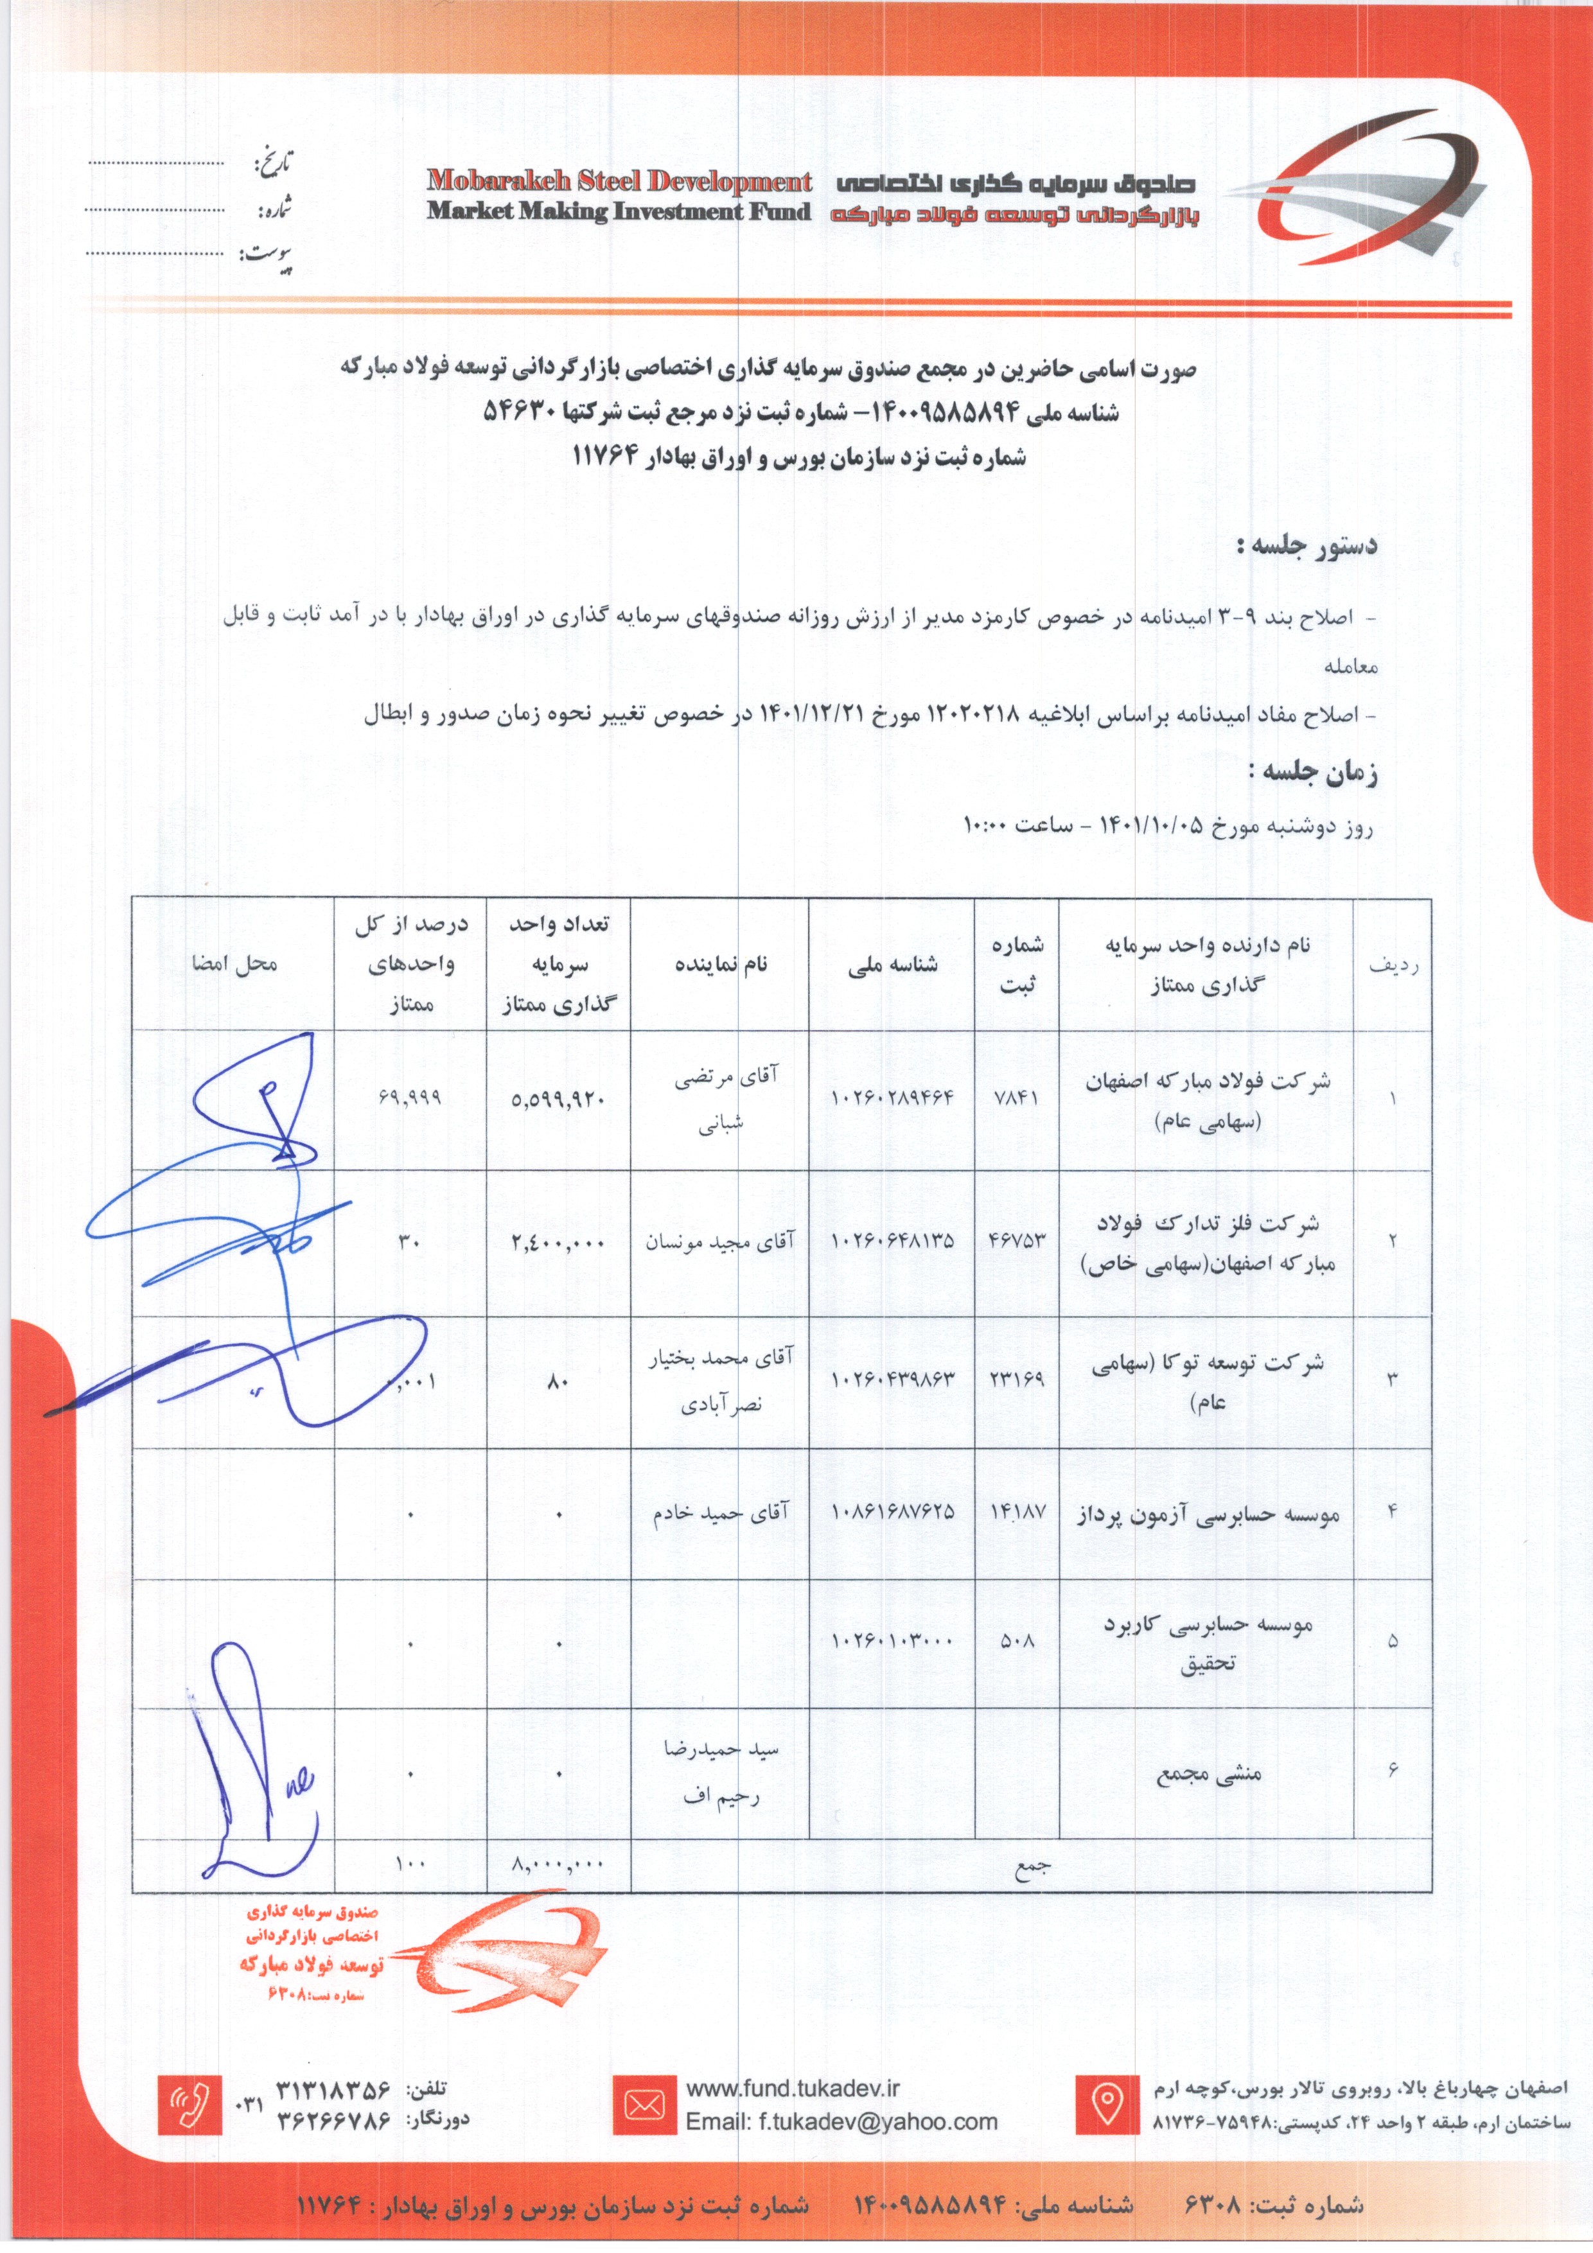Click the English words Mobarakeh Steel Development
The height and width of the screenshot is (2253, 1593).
[x=619, y=182]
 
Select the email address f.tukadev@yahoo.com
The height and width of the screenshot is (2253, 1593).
[x=841, y=2121]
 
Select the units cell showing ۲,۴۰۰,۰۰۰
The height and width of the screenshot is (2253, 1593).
[x=558, y=1243]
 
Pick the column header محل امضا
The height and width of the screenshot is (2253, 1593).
[x=234, y=963]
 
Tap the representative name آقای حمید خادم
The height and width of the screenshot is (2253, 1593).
[x=721, y=1513]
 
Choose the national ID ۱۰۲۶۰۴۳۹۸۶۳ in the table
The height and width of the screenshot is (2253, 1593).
[x=892, y=1379]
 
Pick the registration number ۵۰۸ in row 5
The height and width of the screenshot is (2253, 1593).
[x=1017, y=1640]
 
